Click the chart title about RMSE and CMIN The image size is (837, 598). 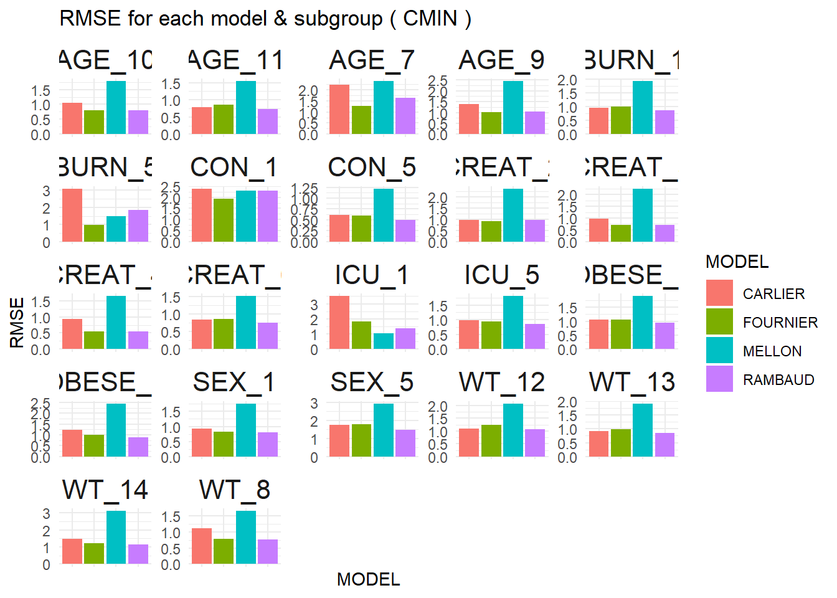(x=265, y=19)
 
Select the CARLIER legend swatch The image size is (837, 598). (x=719, y=293)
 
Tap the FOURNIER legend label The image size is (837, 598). (x=780, y=322)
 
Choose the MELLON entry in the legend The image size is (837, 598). (x=772, y=351)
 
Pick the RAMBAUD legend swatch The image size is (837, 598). (x=719, y=379)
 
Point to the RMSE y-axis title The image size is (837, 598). (x=17, y=323)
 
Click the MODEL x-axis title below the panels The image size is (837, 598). (x=368, y=579)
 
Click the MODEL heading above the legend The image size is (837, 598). (x=737, y=262)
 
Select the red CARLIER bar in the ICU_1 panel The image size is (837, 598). (x=339, y=322)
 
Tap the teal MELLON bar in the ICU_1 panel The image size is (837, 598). (x=384, y=341)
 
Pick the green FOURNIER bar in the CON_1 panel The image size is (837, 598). (x=224, y=220)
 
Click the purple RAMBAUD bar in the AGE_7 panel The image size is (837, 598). (x=405, y=116)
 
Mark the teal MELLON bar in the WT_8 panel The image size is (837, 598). (x=246, y=537)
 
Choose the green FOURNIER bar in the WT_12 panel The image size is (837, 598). (x=491, y=440)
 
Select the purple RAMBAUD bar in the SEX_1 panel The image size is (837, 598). (x=268, y=444)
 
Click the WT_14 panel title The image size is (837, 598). (x=105, y=490)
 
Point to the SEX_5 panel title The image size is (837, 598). (x=372, y=382)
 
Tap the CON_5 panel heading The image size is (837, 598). (x=372, y=167)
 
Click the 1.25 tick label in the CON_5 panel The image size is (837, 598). (x=305, y=188)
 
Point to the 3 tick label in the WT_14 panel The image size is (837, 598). (x=46, y=514)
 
